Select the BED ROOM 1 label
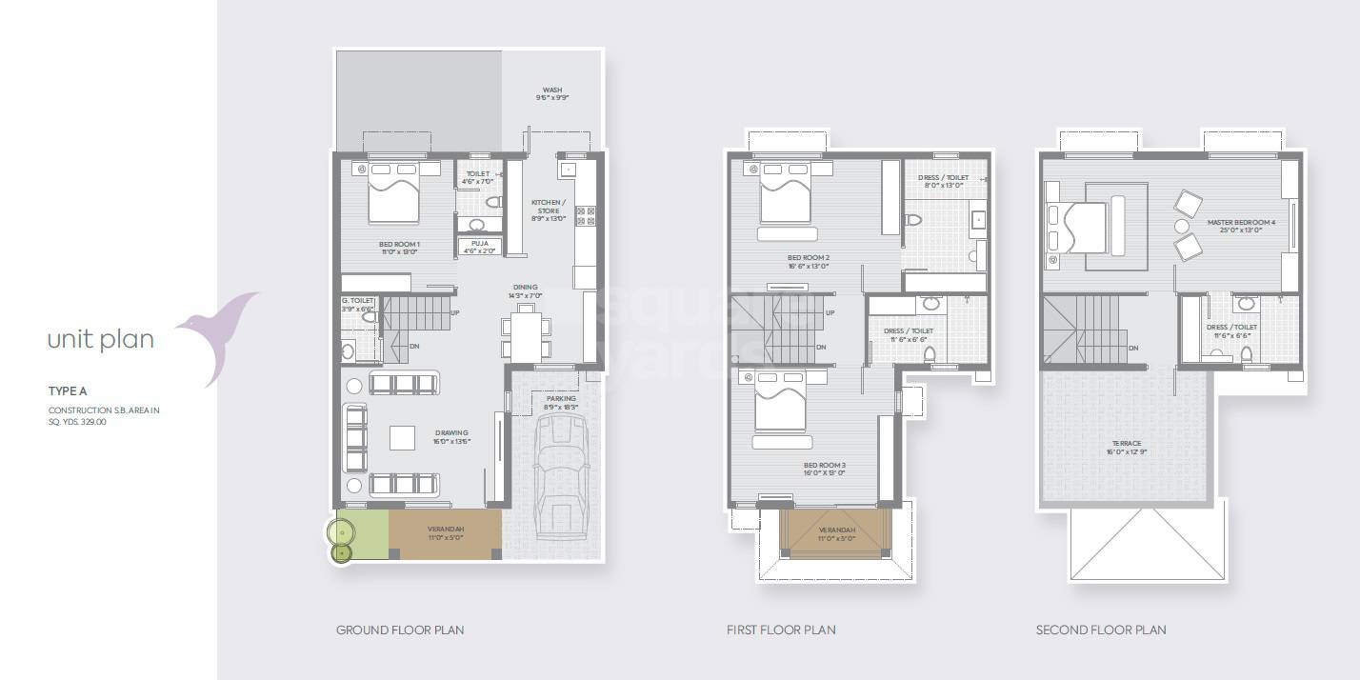coord(400,245)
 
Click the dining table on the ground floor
coord(525,325)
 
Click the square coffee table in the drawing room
coord(403,437)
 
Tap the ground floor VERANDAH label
coord(445,530)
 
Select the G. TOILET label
coord(358,301)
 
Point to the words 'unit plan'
coord(101,340)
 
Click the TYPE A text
coord(68,391)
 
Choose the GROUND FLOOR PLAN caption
coord(400,630)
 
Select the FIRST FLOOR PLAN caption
coord(781,630)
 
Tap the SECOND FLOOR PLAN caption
coord(1101,630)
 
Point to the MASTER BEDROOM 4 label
coord(1241,223)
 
